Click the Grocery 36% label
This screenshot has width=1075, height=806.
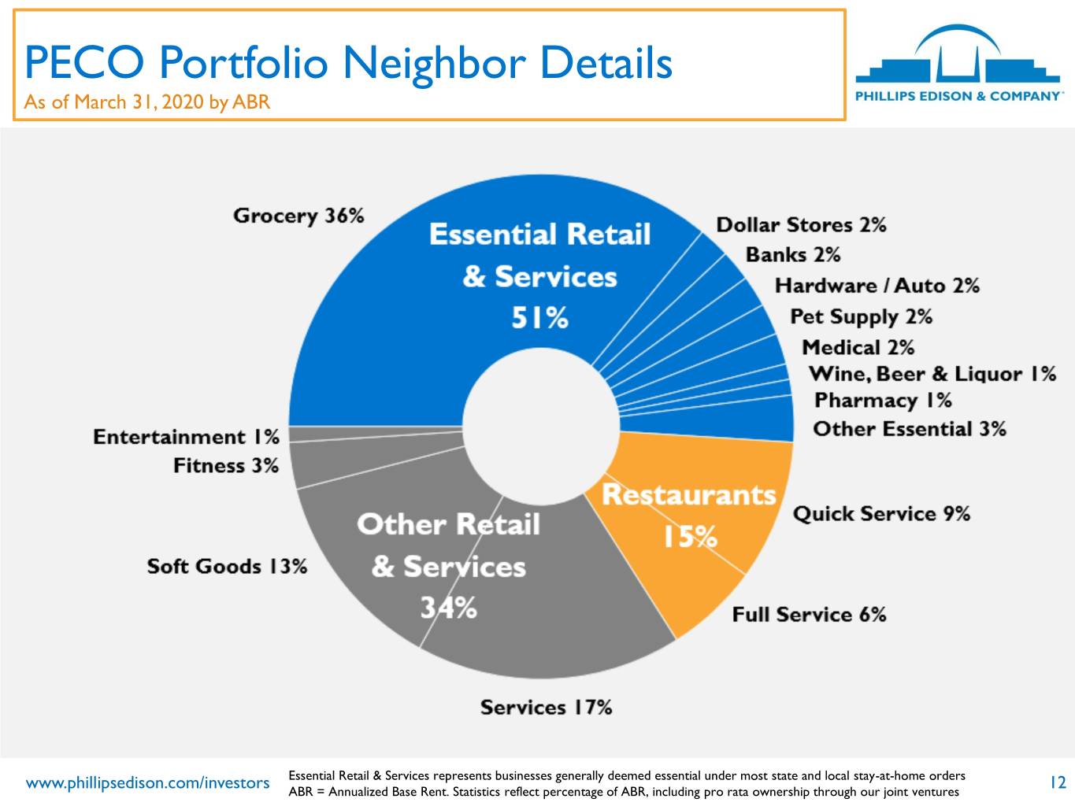298,216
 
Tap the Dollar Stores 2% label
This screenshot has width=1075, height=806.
801,225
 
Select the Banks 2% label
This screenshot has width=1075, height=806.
793,255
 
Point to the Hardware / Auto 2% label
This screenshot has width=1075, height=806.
877,286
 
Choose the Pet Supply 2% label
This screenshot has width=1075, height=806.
862,317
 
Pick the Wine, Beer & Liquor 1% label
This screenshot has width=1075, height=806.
932,375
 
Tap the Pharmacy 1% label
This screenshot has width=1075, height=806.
883,401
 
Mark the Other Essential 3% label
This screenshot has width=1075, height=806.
910,429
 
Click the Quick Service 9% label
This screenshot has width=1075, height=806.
881,514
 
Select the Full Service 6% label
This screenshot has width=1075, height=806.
809,615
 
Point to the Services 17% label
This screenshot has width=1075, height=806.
546,708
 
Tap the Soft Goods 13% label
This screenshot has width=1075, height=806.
228,567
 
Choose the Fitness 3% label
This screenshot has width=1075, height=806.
226,466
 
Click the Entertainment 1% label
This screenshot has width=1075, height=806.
186,437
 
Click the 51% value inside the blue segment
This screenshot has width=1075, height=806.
540,318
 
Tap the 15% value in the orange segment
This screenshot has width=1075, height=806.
690,537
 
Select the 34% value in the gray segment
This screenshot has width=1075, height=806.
449,608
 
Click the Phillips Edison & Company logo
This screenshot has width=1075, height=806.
959,63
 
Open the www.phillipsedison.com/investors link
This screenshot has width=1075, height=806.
147,783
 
